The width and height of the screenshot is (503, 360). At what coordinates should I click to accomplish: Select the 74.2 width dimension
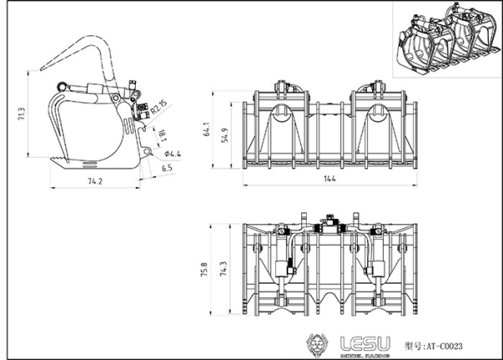[95, 181]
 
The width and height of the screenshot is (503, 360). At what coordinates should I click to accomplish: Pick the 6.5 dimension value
[167, 168]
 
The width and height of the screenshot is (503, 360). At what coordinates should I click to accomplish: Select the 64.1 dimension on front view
[206, 131]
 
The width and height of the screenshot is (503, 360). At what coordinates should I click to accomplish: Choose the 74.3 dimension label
[222, 269]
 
